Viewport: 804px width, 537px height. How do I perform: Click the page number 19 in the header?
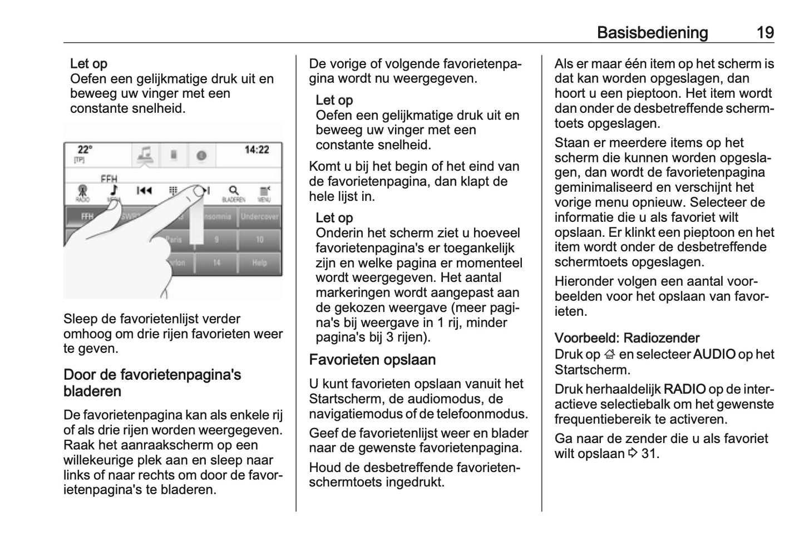pos(765,33)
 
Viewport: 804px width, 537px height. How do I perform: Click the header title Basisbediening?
pos(652,33)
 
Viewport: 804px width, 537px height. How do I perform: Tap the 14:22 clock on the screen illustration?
pos(257,150)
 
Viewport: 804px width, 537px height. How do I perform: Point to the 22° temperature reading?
pos(85,150)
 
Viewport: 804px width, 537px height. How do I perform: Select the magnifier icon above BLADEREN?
pos(234,191)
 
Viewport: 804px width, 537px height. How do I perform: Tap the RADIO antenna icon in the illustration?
pos(82,191)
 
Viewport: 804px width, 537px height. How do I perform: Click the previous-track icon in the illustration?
pos(144,191)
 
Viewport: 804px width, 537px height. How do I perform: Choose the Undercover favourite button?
pos(259,216)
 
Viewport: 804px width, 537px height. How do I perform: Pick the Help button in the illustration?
pos(259,262)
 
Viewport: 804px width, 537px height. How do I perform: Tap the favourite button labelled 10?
pos(259,240)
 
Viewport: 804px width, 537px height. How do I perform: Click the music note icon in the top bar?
pos(145,155)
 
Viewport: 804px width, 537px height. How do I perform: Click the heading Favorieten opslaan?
pos(372,360)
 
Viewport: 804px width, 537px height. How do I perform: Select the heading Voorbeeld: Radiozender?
pos(627,338)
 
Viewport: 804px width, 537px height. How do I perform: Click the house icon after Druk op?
pos(610,355)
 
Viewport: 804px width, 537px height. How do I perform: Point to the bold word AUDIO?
pos(714,354)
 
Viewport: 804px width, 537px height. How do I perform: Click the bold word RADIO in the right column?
pos(684,389)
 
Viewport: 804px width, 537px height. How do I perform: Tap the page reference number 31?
pos(649,454)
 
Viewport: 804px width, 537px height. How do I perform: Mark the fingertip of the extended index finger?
pos(199,192)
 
